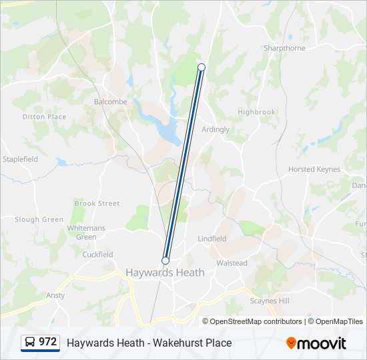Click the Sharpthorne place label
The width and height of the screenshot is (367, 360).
pyautogui.click(x=284, y=49)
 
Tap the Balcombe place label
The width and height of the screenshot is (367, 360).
pyautogui.click(x=110, y=102)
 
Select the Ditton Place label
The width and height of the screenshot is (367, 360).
pyautogui.click(x=44, y=117)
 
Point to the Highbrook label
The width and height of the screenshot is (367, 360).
pyautogui.click(x=256, y=112)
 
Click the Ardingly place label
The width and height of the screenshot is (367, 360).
pyautogui.click(x=215, y=129)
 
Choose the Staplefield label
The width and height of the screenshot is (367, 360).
pyautogui.click(x=20, y=159)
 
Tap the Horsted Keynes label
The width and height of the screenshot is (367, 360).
pyautogui.click(x=314, y=169)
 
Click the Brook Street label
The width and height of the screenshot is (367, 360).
pyautogui.click(x=97, y=203)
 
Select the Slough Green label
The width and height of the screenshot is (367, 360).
pyautogui.click(x=39, y=219)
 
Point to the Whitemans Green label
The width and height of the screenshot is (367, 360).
pyautogui.click(x=86, y=233)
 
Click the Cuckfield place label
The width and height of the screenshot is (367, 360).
pyautogui.click(x=97, y=255)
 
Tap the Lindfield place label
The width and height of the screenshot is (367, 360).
pyautogui.click(x=212, y=239)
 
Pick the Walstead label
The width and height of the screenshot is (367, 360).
pyautogui.click(x=232, y=263)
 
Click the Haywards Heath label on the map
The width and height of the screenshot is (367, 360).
pyautogui.click(x=165, y=272)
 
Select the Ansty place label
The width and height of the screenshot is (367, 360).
pyautogui.click(x=55, y=295)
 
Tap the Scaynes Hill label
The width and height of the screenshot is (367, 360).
pyautogui.click(x=270, y=301)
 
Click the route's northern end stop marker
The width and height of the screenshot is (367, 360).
pyautogui.click(x=202, y=67)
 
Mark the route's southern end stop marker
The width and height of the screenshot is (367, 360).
pyautogui.click(x=165, y=261)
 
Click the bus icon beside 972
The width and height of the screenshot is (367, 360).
pyautogui.click(x=30, y=343)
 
